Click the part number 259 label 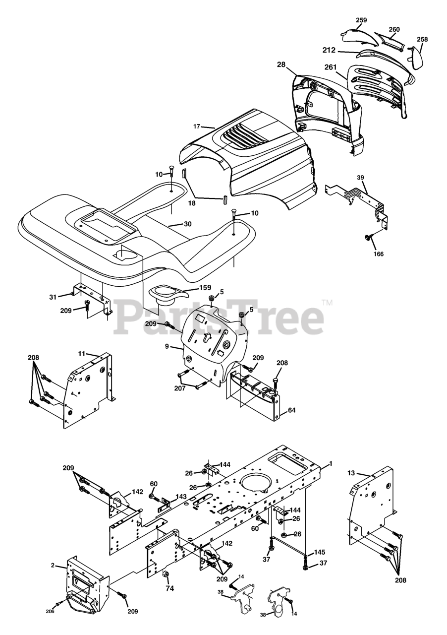click(x=361, y=20)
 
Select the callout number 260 click(x=394, y=29)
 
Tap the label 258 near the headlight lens click(x=422, y=39)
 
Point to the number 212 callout click(x=329, y=50)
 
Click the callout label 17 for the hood click(x=197, y=127)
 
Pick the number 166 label click(x=379, y=254)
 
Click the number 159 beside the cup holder click(x=205, y=287)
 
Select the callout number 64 click(x=291, y=410)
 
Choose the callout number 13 click(x=351, y=473)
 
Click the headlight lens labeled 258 click(x=416, y=58)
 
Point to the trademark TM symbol click(x=328, y=303)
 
